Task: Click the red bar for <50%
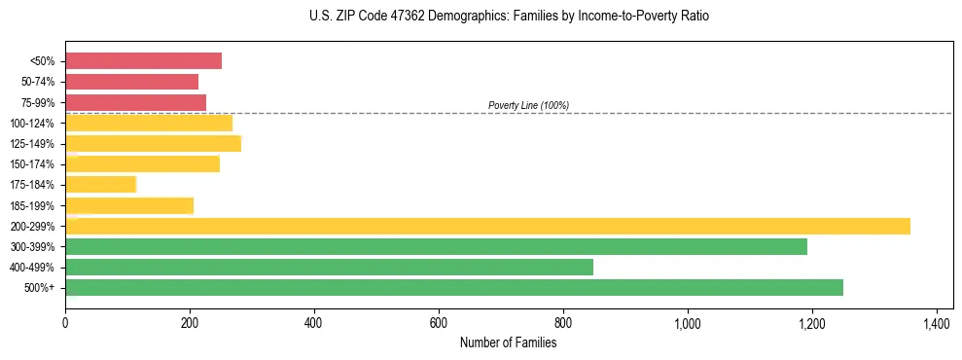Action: pyautogui.click(x=143, y=61)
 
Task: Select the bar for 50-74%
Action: pyautogui.click(x=131, y=82)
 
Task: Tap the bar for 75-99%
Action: pyautogui.click(x=135, y=102)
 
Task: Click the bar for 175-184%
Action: pyautogui.click(x=100, y=185)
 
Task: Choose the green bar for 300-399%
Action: pyautogui.click(x=436, y=246)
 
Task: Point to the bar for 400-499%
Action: pyautogui.click(x=329, y=267)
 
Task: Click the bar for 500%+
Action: pyautogui.click(x=454, y=287)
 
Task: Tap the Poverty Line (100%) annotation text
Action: pyautogui.click(x=528, y=105)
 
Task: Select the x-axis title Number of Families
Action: pyautogui.click(x=509, y=342)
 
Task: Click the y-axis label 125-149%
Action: pyautogui.click(x=32, y=144)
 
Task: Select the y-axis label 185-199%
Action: pyautogui.click(x=32, y=206)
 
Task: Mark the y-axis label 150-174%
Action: pyautogui.click(x=32, y=164)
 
